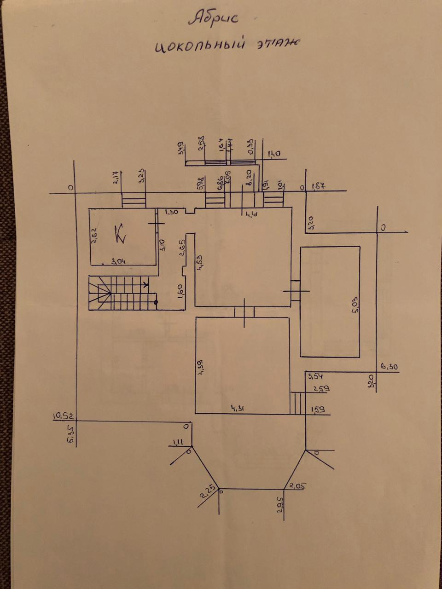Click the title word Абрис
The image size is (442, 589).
point(213,19)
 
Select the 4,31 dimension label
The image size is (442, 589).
point(238,408)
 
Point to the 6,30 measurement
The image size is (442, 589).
point(389,367)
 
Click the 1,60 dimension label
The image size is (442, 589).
point(180,291)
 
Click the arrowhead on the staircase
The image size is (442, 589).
point(146,284)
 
